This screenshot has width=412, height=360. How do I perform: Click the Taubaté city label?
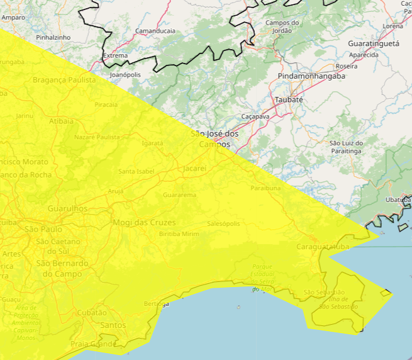pos(289,99)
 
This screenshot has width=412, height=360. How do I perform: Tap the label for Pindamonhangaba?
pos(311,76)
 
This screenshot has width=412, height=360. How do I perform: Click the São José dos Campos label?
pos(214,139)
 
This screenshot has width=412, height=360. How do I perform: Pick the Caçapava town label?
pos(255,116)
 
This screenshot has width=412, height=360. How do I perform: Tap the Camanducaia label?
pos(155,30)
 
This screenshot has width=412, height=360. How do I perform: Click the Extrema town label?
pos(116,55)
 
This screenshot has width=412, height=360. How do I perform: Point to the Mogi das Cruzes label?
pos(144,222)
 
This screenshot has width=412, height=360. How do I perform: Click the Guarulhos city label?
pos(67,208)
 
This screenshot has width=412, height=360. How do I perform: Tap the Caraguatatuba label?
pos(323,247)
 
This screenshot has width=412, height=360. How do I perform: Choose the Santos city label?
pos(113,325)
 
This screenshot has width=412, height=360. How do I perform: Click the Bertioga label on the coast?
pos(156,304)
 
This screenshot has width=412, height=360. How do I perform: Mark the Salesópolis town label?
pos(224,223)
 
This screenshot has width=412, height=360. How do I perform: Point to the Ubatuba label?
pos(397,200)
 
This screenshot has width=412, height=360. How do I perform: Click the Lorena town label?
pos(393,26)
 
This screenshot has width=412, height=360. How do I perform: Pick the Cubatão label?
pos(92,312)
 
